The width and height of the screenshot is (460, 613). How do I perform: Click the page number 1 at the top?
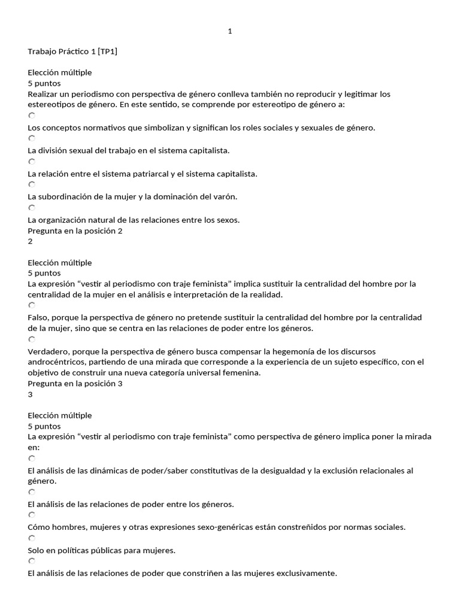coord(230,32)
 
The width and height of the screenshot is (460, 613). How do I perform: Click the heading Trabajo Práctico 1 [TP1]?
coord(72,51)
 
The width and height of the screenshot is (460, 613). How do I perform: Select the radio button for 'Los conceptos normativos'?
coord(32,116)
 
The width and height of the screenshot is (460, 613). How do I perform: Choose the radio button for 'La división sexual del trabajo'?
coord(32,138)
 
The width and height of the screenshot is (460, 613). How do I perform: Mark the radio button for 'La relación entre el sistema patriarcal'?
coord(32,162)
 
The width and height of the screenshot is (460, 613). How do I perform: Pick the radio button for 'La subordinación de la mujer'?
coord(32,184)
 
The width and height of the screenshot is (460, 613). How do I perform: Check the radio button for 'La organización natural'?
coord(32,208)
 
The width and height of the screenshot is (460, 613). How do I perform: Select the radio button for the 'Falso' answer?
coord(32,305)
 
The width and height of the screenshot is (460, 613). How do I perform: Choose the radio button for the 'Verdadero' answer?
coord(32,339)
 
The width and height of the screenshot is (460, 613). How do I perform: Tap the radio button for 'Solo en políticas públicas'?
coord(32,538)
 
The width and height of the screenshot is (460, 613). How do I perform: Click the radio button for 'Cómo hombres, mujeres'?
coord(32,515)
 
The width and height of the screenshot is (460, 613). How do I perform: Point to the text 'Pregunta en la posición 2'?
coord(75,230)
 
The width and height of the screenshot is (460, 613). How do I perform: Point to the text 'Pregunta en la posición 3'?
coord(75,383)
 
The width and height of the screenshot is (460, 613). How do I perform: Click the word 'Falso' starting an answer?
coord(38,317)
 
